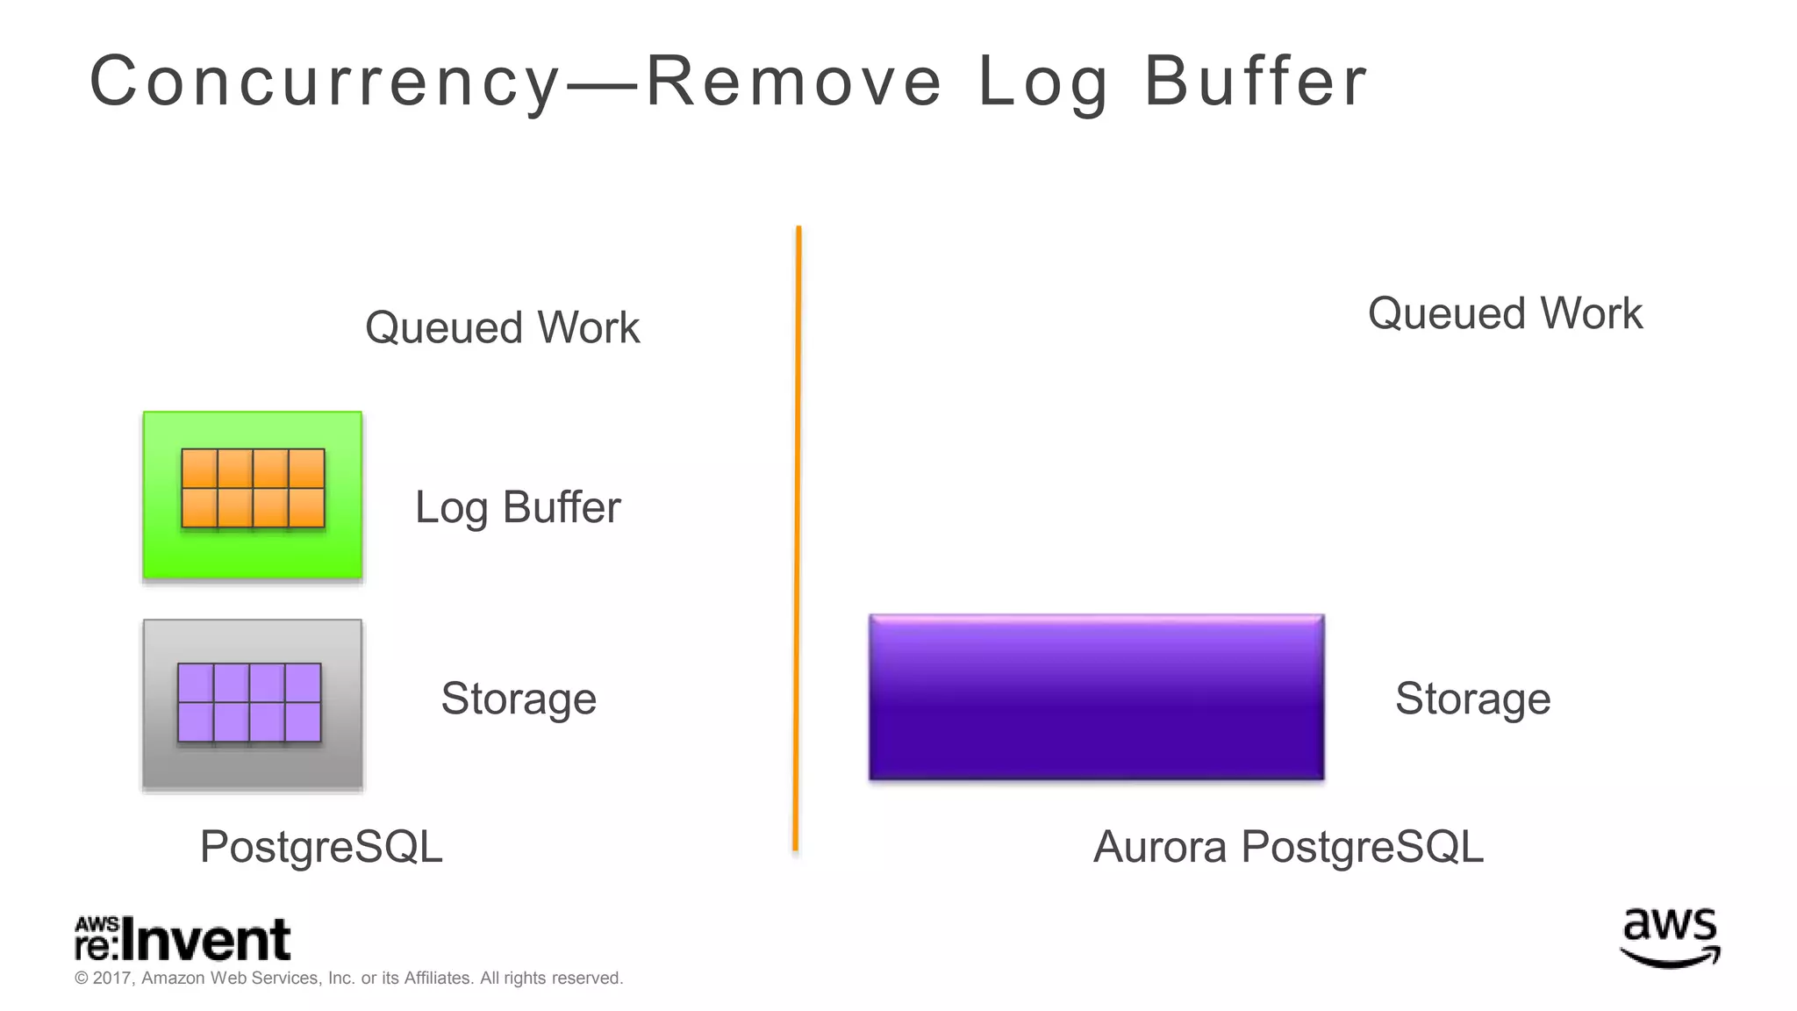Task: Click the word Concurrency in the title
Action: [x=325, y=82]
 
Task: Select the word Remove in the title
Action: [x=794, y=82]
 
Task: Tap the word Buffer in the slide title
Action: [x=1256, y=82]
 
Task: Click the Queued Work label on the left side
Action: [x=502, y=328]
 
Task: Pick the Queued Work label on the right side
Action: [x=1505, y=314]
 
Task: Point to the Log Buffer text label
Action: [x=518, y=507]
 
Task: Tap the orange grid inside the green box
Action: [x=253, y=488]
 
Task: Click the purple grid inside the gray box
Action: [x=249, y=702]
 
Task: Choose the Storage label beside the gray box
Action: [x=519, y=699]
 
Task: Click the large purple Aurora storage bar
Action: [x=1096, y=698]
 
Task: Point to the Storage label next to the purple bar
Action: [x=1472, y=699]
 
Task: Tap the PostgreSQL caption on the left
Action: [x=321, y=847]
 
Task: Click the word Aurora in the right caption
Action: [x=1160, y=847]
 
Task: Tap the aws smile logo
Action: [x=1670, y=937]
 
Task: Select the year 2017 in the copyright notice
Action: [x=111, y=978]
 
